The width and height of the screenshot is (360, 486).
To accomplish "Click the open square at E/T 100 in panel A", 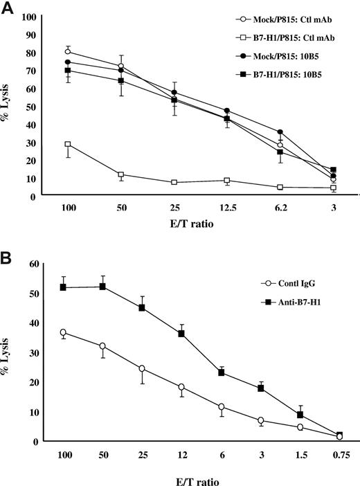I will click(x=68, y=144).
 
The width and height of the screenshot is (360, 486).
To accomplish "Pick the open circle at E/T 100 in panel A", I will click(x=68, y=52).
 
